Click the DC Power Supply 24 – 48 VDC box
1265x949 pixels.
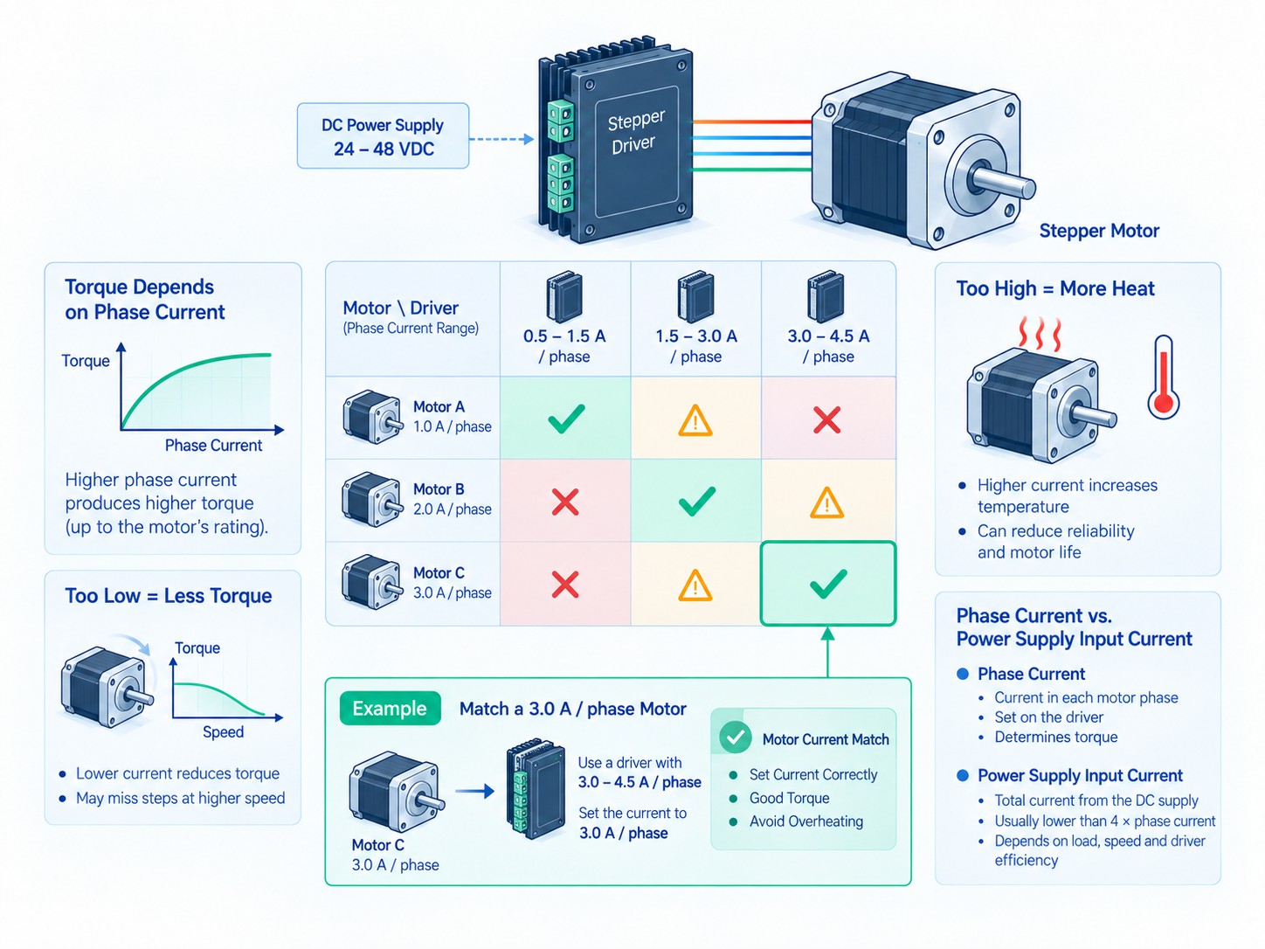[x=383, y=136]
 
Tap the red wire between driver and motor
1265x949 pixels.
[x=752, y=122]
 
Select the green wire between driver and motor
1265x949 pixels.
[x=752, y=170]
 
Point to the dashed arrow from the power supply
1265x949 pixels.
[x=501, y=139]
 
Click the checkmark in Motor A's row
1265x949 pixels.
[x=566, y=419]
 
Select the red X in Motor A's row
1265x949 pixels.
[x=827, y=419]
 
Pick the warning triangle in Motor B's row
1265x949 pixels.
[x=827, y=502]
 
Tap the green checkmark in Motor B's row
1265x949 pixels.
[x=697, y=501]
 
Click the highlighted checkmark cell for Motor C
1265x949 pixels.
[x=828, y=583]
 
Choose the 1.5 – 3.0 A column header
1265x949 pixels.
[x=696, y=346]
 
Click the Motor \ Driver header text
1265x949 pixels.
[x=400, y=308]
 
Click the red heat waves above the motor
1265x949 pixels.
[x=1040, y=333]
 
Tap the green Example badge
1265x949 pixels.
[x=390, y=708]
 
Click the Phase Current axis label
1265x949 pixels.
[x=213, y=446]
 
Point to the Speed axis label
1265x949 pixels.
[x=223, y=731]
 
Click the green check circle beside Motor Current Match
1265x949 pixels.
[x=735, y=738]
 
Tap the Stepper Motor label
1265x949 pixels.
[x=1099, y=231]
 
